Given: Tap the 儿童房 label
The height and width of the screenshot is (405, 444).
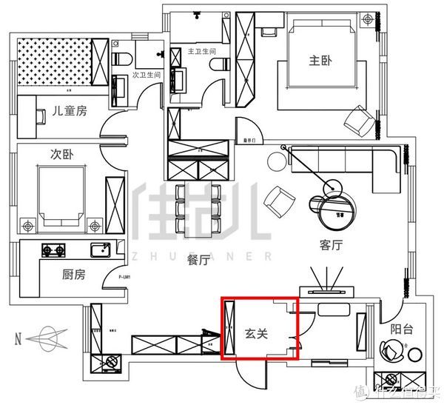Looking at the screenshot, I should tap(70, 111).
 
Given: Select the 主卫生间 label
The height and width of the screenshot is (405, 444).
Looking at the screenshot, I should tap(201, 52).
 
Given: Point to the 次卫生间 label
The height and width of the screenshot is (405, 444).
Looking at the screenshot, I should tap(147, 76).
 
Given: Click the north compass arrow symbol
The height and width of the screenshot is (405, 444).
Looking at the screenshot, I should tap(46, 339).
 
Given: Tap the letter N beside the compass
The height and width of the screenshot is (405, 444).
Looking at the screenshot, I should tap(17, 340).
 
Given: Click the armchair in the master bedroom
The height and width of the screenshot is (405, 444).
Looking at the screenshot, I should tap(360, 121).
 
